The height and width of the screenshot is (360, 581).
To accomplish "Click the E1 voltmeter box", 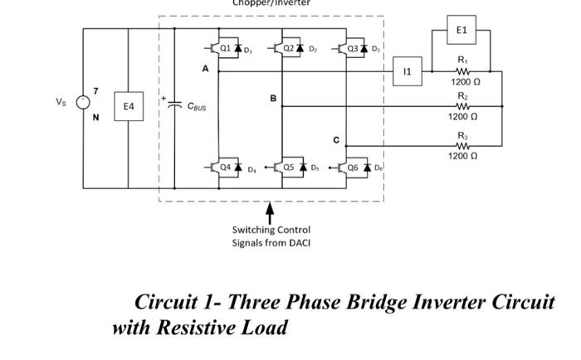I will [461, 30].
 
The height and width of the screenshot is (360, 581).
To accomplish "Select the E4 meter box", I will [129, 106].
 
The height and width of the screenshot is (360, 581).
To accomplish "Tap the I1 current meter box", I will [407, 72].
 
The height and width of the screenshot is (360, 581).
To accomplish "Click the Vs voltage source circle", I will [83, 102].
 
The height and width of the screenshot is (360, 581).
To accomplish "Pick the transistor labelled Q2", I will [286, 48].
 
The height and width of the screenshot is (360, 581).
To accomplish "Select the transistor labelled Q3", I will [349, 48].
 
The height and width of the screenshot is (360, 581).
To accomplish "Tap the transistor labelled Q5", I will [286, 167].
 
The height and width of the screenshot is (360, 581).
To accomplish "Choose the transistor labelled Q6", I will [349, 167].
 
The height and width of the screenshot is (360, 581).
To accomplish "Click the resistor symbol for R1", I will [462, 71].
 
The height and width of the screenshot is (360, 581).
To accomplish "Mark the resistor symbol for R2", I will [462, 106].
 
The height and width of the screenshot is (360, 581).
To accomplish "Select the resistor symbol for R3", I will [462, 146].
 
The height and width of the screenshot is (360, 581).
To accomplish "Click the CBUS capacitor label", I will [197, 106].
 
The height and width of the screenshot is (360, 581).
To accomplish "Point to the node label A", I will [205, 70].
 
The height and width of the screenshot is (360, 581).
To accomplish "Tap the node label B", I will [272, 99].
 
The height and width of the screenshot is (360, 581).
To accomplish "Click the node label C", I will [336, 140].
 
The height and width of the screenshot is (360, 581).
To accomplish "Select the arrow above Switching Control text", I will [270, 214].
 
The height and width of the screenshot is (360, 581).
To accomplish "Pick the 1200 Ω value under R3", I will [462, 156].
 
